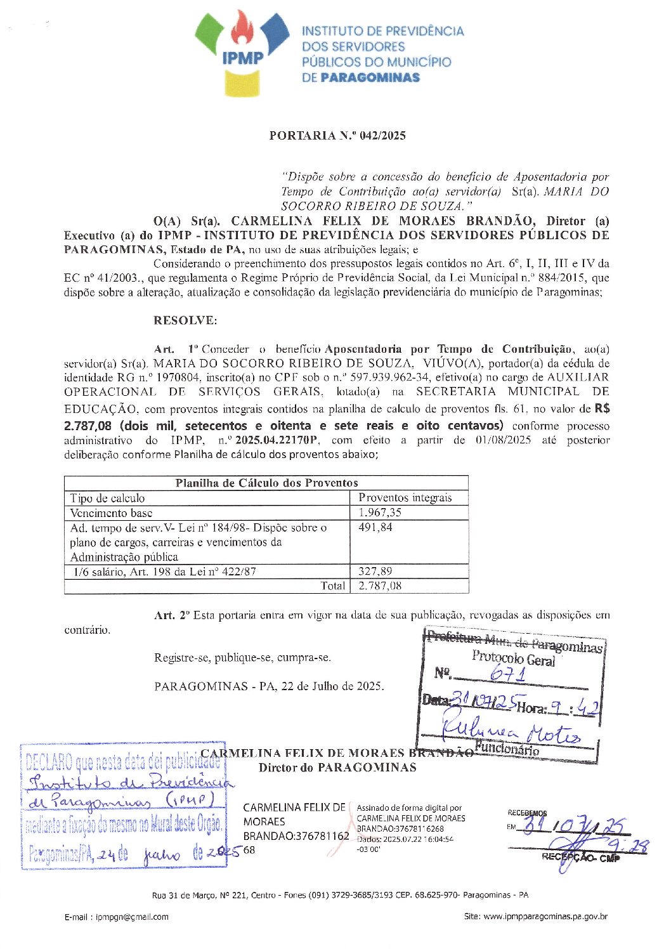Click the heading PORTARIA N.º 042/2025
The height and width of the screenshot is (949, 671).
tap(337, 135)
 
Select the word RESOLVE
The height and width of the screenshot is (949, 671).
tap(185, 320)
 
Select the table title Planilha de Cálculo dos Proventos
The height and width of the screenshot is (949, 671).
tap(266, 483)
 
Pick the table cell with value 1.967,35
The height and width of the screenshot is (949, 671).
tap(380, 513)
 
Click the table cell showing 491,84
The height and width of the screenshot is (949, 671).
tap(375, 527)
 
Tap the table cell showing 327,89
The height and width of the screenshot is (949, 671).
tap(375, 571)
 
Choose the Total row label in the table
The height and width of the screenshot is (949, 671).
tap(333, 586)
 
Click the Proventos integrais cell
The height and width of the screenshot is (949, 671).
tap(405, 498)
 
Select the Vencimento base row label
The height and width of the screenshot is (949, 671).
tap(111, 513)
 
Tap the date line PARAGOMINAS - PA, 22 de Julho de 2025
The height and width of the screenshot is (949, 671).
tap(268, 686)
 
